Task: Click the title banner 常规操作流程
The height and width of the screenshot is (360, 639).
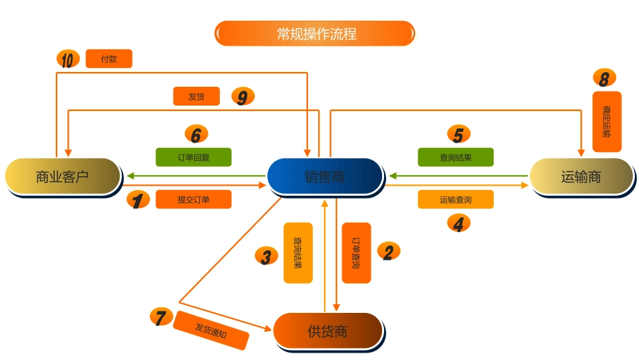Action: tap(315, 33)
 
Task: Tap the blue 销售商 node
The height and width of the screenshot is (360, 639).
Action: tap(325, 176)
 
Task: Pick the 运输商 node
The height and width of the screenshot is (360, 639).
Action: tap(581, 176)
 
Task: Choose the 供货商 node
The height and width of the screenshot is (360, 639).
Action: tap(328, 330)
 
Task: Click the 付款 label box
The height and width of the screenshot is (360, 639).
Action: tap(109, 59)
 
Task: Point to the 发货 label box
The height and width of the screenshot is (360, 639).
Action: tap(196, 96)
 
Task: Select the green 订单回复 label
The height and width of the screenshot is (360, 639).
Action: tap(194, 157)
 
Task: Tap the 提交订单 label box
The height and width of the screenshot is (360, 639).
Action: tap(194, 199)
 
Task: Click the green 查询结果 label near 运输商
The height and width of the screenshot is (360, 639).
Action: tap(455, 157)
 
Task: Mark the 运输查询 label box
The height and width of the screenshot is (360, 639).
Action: tap(455, 199)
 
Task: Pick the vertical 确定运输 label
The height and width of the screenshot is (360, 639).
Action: tap(606, 122)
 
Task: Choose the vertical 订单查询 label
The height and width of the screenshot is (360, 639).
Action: tap(356, 253)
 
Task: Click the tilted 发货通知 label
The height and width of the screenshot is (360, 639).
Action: tap(211, 330)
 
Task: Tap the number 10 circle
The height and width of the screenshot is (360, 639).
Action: tap(68, 59)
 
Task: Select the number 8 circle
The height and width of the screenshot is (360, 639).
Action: tap(604, 79)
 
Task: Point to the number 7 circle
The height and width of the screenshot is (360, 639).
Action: tap(161, 316)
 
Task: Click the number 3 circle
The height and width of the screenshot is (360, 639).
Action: tap(266, 256)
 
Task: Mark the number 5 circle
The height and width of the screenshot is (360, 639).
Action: tap(458, 135)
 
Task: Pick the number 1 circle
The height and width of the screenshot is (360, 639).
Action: tap(138, 200)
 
